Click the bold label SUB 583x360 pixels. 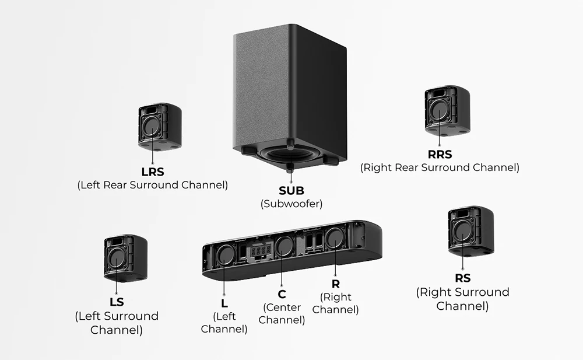291,190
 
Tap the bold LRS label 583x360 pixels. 153,172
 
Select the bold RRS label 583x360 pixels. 440,155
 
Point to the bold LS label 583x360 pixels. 117,302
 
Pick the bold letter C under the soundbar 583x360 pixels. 282,294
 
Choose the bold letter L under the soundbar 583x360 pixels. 224,303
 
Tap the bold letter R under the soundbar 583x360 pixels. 335,284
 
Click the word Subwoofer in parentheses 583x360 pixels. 291,204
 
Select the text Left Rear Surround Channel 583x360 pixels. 153,185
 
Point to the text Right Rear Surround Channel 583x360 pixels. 440,167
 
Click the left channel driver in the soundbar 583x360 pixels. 226,254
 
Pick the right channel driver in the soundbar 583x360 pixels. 334,239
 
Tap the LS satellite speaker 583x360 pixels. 125,256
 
